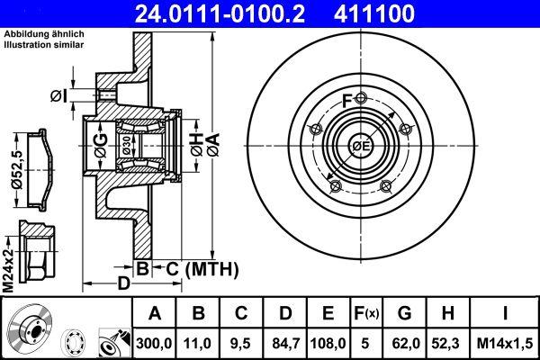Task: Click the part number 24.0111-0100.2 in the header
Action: point(220,13)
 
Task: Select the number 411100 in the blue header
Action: point(374,13)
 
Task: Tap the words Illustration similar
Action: point(44,45)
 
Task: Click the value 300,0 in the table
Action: point(154,343)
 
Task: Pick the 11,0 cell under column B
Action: point(198,343)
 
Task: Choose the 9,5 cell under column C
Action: point(241,343)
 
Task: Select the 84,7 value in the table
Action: point(285,343)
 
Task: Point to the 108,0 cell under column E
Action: point(328,343)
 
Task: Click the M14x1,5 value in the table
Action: point(505,343)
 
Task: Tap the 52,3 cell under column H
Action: point(447,343)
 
